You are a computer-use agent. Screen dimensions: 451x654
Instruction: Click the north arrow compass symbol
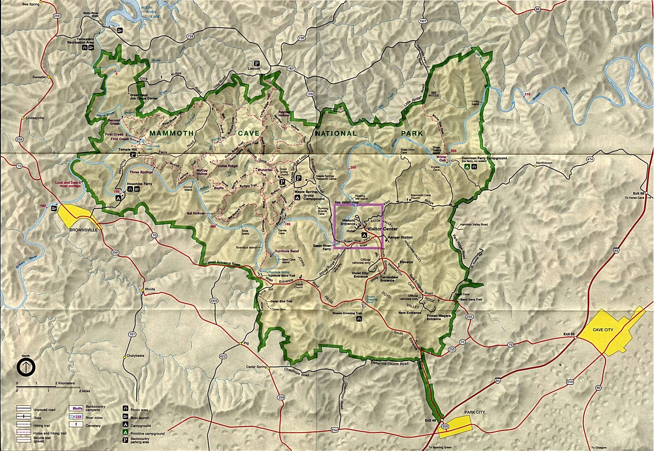[x=26, y=367]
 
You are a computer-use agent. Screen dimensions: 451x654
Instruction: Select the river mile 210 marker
[x=527, y=94]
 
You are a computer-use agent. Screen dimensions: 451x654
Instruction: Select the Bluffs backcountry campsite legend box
[x=75, y=408]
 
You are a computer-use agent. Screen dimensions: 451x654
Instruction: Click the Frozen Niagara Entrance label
[x=438, y=317]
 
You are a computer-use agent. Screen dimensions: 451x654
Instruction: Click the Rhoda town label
[x=150, y=289]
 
